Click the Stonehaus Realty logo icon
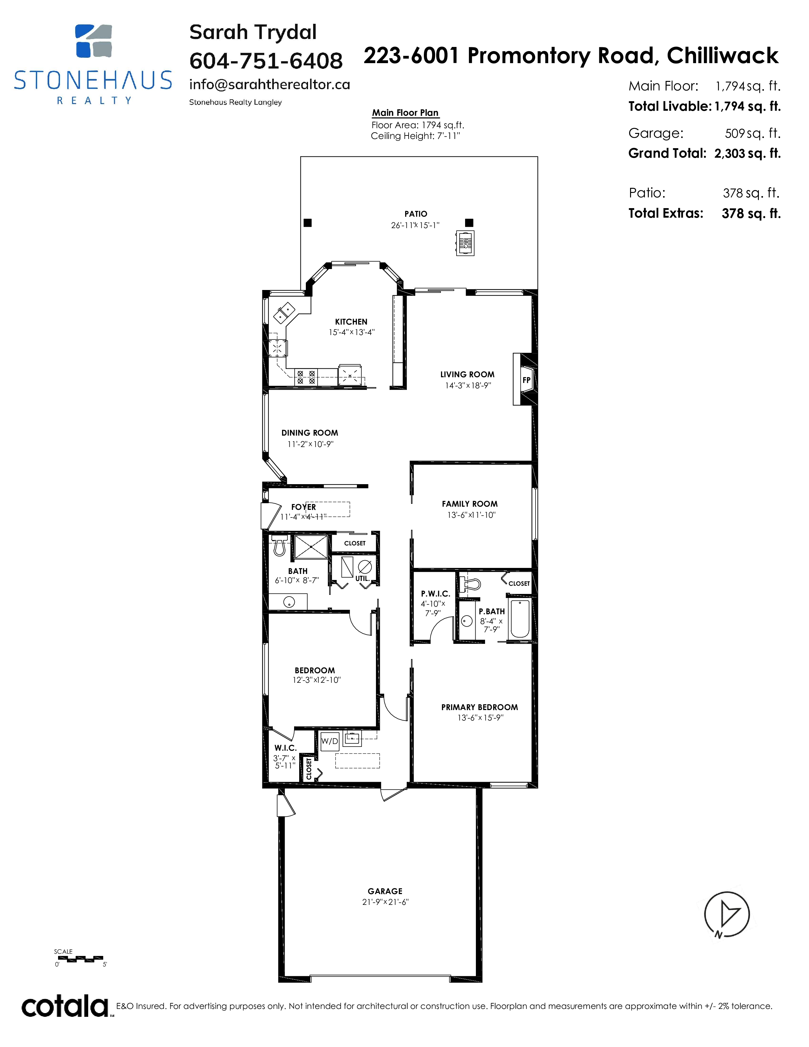pyautogui.click(x=94, y=41)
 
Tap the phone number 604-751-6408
pyautogui.click(x=266, y=61)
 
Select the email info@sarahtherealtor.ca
pyautogui.click(x=269, y=84)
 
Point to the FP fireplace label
pyautogui.click(x=526, y=380)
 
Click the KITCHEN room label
pyautogui.click(x=351, y=322)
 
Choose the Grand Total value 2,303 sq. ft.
pyautogui.click(x=747, y=154)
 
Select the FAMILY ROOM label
pyautogui.click(x=470, y=504)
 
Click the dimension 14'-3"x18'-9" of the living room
pyautogui.click(x=468, y=385)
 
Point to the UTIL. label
pyautogui.click(x=362, y=579)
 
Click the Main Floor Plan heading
pyautogui.click(x=405, y=113)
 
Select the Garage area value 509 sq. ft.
pyautogui.click(x=753, y=133)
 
